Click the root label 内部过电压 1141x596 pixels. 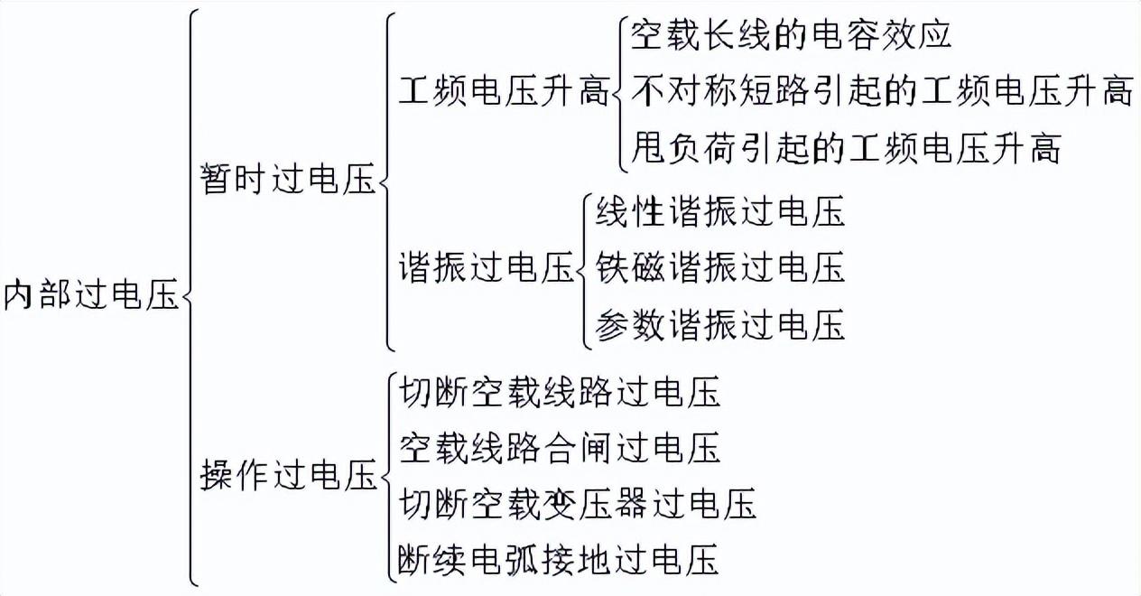[91, 295]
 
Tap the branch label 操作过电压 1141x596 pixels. [287, 475]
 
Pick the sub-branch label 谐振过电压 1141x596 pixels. [486, 268]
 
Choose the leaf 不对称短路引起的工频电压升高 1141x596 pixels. [881, 90]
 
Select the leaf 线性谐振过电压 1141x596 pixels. [719, 212]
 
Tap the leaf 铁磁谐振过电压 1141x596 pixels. [719, 267]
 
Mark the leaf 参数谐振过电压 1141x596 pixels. [719, 323]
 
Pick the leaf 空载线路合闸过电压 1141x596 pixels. [559, 448]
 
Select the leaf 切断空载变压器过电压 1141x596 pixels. [577, 503]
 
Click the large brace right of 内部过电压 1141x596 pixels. [190, 296]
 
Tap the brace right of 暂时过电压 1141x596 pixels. [386, 181]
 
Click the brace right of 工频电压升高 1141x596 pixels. [620, 90]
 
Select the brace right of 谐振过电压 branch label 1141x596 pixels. [584, 268]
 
